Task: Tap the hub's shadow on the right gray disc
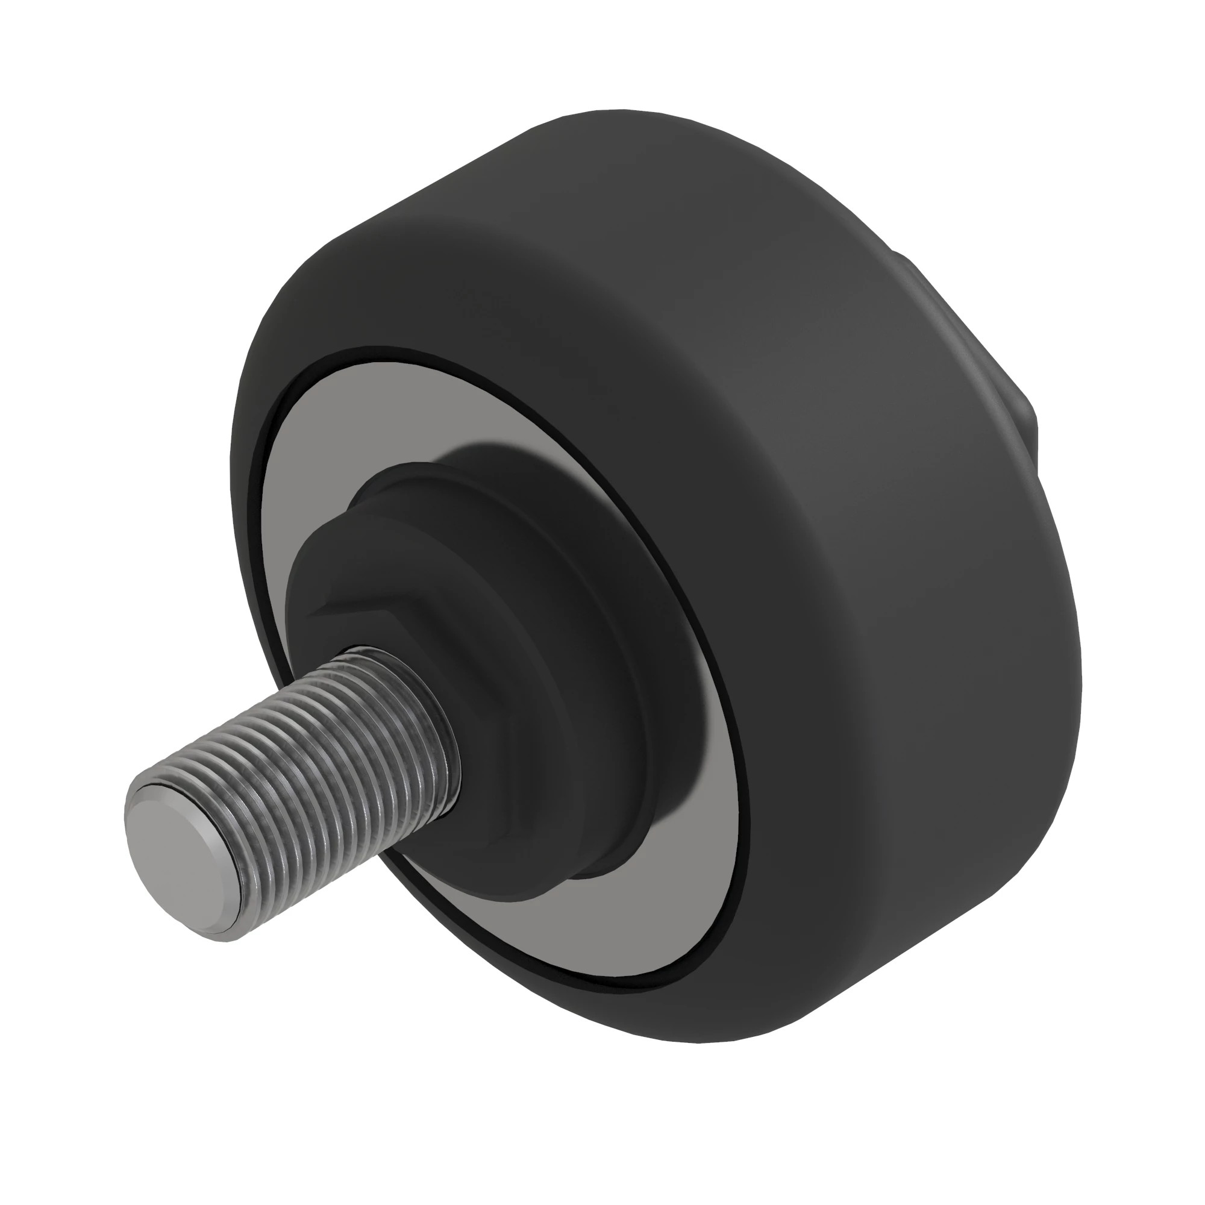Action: click(x=705, y=748)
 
